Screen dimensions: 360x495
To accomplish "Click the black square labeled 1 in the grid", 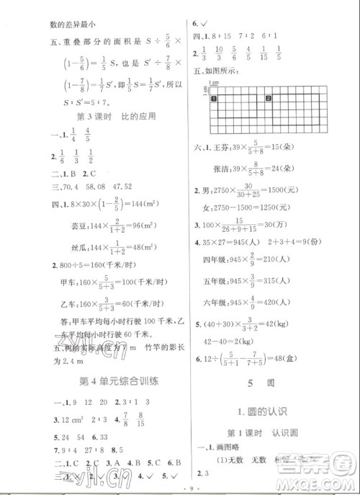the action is (213, 99).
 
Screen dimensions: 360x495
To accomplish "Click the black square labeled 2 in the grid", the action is (267, 99).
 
